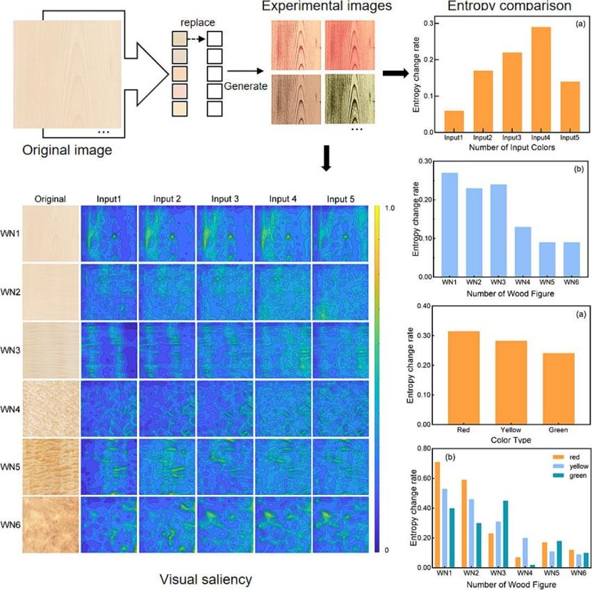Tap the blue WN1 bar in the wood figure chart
(450, 224)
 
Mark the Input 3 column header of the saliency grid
(224, 199)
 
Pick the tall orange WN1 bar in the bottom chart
(438, 514)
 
